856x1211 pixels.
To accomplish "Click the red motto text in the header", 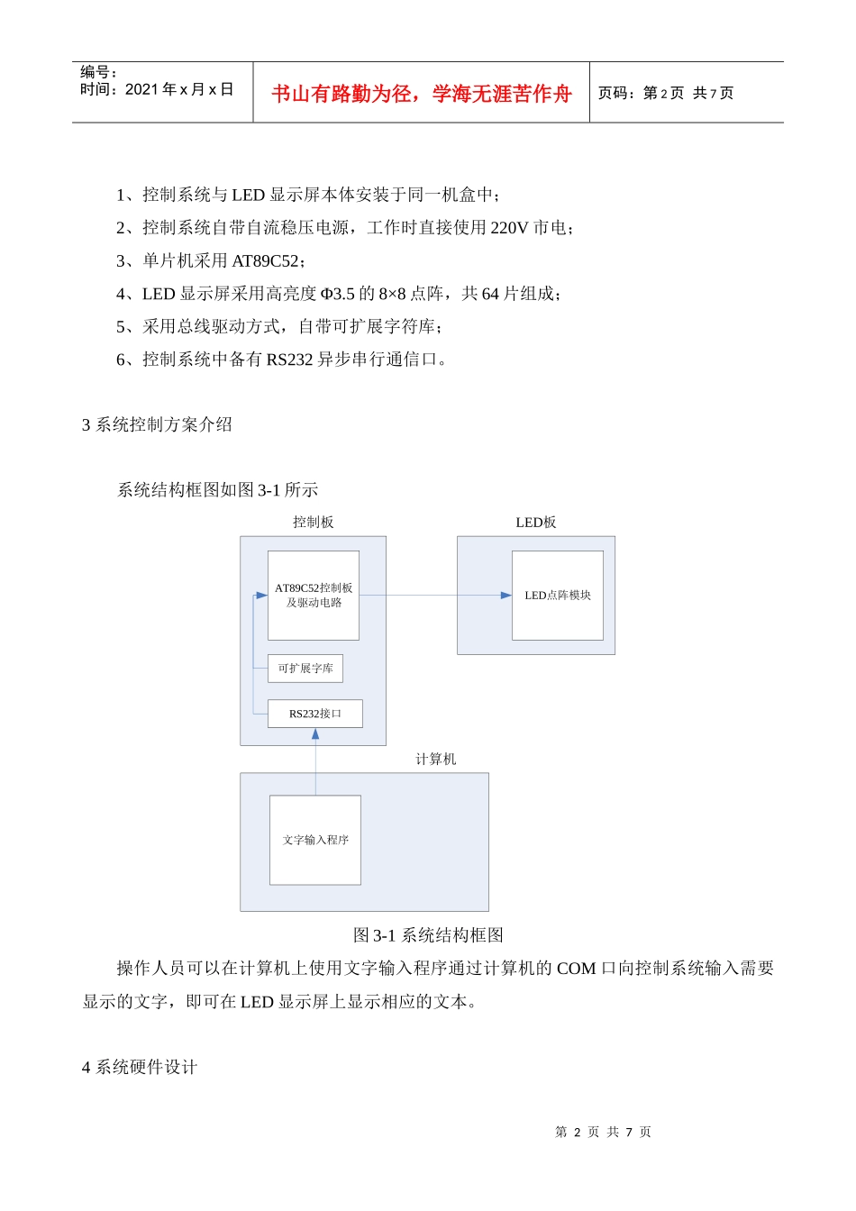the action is (421, 94).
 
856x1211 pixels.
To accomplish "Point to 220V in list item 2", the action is (509, 228).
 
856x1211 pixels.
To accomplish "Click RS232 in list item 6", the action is (289, 360).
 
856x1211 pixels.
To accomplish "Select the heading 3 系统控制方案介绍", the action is (157, 424).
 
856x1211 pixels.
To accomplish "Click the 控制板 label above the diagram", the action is (313, 523).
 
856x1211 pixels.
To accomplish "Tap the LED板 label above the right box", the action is (535, 523).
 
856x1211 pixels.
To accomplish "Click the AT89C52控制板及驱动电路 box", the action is (314, 595).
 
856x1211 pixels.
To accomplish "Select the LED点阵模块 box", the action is (558, 596).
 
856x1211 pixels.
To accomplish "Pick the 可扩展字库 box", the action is (305, 669).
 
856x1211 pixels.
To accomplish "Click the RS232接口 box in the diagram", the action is (315, 714).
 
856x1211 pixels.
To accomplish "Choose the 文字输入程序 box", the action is (315, 840).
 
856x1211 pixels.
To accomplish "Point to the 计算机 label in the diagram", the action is (435, 760).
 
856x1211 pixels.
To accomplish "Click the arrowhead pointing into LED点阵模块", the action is (506, 596).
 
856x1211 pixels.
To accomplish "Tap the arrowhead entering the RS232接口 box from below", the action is (315, 733).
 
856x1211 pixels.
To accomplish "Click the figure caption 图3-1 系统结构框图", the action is (428, 935).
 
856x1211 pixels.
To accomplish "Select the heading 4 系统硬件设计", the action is (140, 1067).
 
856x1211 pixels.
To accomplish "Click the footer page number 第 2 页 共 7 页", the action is (603, 1132).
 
